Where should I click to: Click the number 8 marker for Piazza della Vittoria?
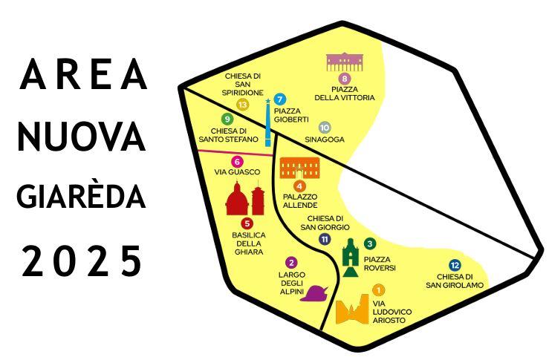[x=344, y=79]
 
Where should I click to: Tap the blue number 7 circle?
[x=279, y=99]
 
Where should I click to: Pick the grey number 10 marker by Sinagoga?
[x=324, y=127]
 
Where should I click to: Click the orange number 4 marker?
[x=300, y=186]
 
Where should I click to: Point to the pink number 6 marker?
[x=237, y=161]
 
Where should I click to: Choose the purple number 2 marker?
[x=291, y=262]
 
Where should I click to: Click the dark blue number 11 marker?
[x=325, y=239]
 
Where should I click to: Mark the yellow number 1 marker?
[x=378, y=290]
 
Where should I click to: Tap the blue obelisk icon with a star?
[x=267, y=122]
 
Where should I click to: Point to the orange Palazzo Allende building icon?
[x=300, y=167]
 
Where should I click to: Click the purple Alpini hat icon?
[x=315, y=292]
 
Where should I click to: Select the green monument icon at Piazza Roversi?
[x=351, y=257]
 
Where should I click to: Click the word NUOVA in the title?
[x=81, y=136]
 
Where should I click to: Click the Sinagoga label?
[x=324, y=140]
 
